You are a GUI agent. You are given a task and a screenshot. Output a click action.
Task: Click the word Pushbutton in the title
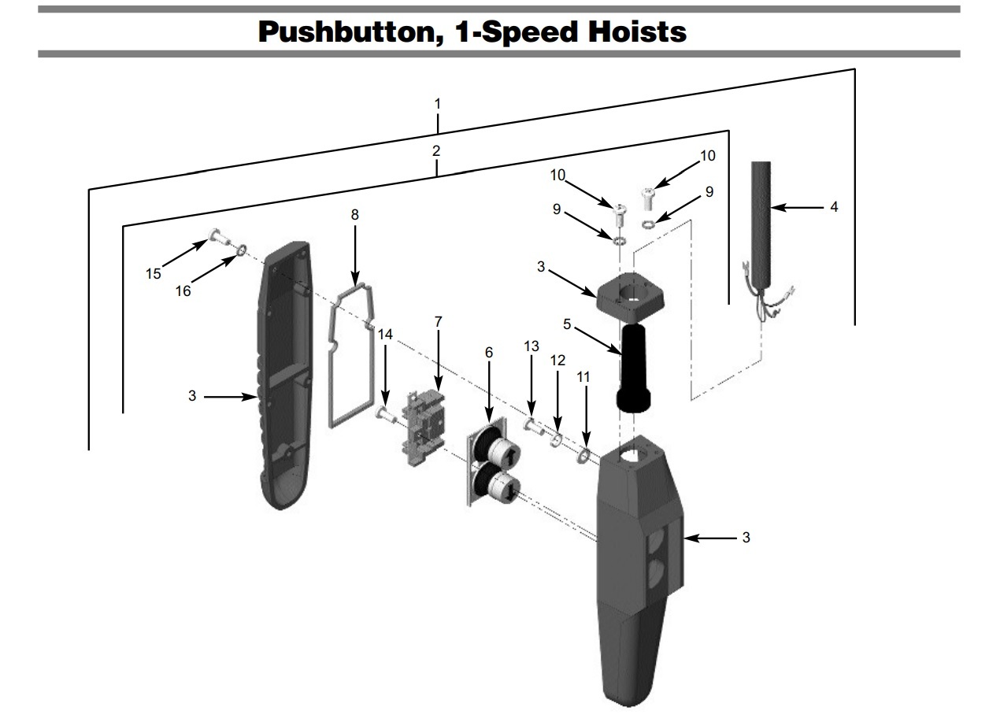(350, 32)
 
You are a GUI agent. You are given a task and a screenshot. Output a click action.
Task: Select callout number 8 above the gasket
(354, 215)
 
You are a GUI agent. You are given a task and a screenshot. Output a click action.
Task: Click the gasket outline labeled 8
(351, 356)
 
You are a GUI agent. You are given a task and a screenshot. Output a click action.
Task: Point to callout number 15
(154, 274)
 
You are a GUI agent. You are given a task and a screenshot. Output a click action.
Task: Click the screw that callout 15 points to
(219, 237)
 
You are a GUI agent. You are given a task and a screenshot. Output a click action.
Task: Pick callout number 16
(183, 291)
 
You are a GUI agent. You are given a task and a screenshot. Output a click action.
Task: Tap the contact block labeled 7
(424, 427)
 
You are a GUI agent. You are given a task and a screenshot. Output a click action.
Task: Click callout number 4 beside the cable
(834, 206)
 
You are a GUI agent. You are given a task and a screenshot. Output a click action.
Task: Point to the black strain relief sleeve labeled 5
(633, 368)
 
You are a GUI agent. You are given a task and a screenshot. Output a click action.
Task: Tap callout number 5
(567, 324)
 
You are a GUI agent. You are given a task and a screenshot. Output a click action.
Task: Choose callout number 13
(532, 346)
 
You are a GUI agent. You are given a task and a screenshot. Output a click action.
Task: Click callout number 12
(557, 361)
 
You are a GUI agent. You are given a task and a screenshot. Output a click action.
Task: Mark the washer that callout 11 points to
(583, 456)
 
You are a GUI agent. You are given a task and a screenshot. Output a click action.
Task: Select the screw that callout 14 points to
(386, 414)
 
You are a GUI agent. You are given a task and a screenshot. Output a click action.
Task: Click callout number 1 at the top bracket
(437, 104)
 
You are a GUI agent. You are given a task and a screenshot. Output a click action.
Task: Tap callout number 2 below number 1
(436, 151)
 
